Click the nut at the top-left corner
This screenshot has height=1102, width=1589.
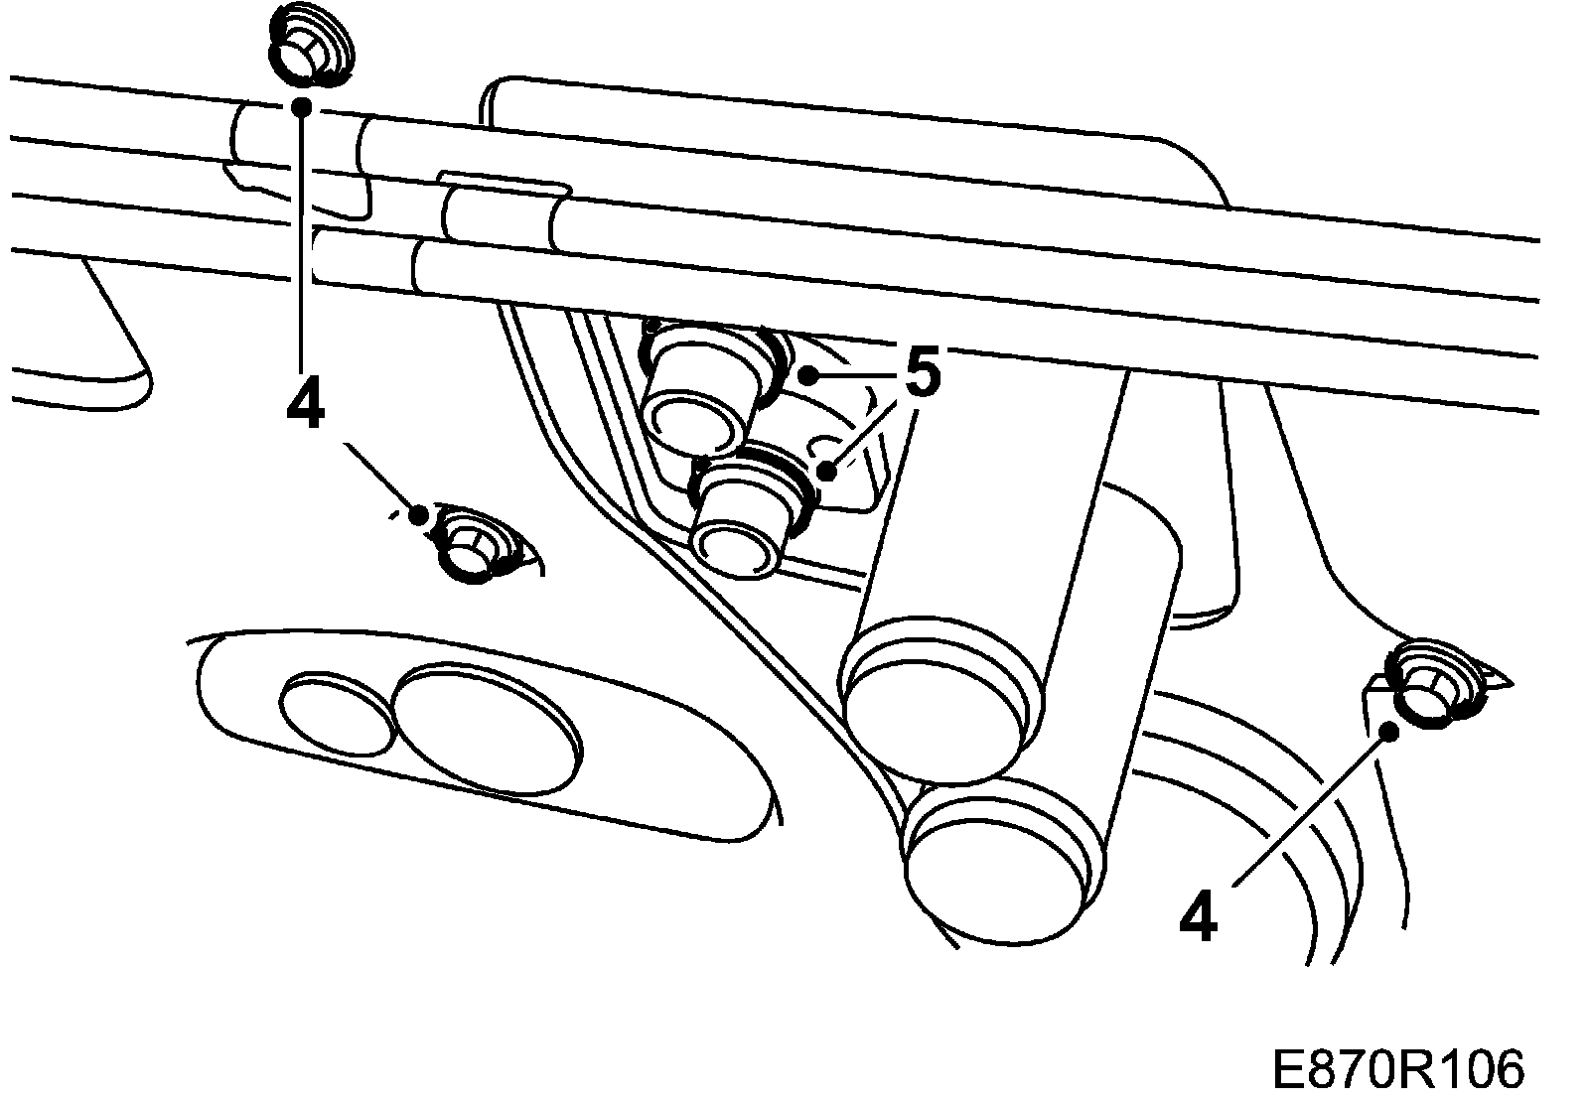[x=309, y=49]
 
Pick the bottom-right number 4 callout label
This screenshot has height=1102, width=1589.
[x=1198, y=917]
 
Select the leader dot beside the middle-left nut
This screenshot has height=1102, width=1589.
[x=419, y=515]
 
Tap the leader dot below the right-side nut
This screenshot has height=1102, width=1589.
[x=1390, y=732]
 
